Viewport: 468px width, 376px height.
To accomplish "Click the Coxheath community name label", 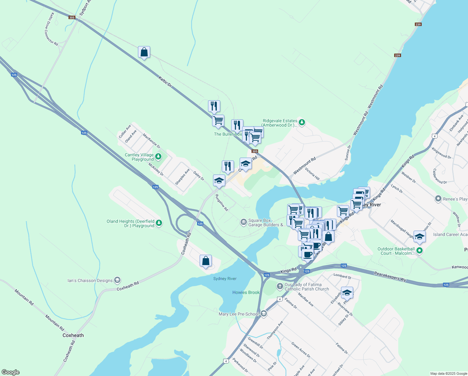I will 73,335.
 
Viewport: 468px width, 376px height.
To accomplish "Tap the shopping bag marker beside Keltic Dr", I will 144,52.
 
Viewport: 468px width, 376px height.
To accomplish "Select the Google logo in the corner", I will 10,372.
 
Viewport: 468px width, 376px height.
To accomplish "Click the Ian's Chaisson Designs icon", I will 117,280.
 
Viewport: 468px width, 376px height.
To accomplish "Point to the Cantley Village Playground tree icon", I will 158,156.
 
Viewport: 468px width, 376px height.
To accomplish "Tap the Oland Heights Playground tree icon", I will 159,223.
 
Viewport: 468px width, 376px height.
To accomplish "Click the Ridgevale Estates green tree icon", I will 302,122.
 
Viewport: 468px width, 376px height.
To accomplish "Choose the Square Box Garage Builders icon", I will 243,222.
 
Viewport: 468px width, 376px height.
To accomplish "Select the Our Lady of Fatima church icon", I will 280,286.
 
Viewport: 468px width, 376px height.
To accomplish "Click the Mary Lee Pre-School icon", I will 264,314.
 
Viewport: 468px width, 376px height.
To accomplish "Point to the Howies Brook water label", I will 246,292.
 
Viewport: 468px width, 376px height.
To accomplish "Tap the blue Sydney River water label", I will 225,279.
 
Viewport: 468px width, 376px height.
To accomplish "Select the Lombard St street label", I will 342,276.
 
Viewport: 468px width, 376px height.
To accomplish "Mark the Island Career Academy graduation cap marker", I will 419,237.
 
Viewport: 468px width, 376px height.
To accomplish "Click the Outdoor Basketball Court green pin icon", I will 420,250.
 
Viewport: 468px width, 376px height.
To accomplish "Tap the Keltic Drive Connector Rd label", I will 51,29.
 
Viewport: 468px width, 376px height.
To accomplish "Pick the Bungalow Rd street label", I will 221,202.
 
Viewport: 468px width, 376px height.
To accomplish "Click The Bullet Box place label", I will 228,134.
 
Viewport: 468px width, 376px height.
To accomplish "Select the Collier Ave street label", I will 125,132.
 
